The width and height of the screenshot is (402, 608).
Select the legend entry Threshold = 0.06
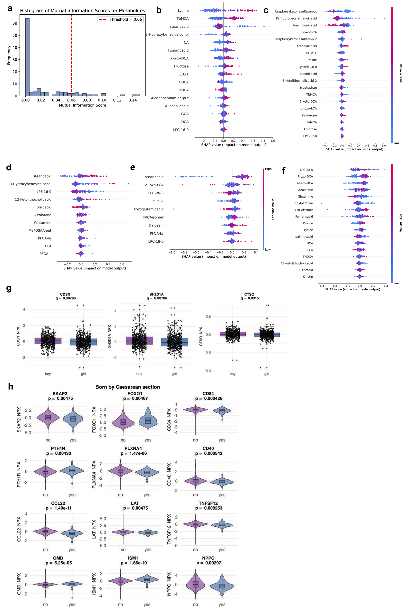[121, 19]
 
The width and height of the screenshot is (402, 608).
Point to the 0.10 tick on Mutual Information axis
[102, 100]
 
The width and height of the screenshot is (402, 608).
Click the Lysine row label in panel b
[183, 11]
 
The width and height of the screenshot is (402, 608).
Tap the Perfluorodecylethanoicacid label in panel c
[296, 19]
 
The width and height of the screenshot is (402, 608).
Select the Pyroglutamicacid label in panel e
[149, 209]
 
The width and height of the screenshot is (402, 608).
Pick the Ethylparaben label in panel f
[303, 203]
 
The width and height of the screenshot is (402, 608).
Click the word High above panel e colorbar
[268, 169]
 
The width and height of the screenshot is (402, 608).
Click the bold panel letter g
[9, 288]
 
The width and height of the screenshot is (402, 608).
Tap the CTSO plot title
[249, 294]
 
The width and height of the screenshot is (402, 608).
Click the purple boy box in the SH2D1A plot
[139, 341]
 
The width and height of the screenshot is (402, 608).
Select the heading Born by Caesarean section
[127, 387]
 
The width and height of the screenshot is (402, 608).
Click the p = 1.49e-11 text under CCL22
[58, 508]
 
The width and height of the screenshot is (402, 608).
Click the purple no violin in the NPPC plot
[195, 584]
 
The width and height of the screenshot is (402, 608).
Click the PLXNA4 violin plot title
[133, 448]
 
